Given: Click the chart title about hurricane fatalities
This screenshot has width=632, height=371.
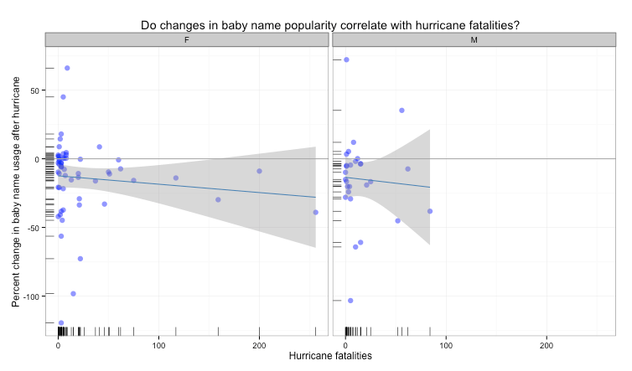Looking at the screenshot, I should (329, 25).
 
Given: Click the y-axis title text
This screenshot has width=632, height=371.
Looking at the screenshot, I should (16, 190).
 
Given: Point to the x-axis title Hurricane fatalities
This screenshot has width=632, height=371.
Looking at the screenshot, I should (329, 356).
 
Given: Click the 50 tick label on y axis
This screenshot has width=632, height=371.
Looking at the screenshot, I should (34, 90).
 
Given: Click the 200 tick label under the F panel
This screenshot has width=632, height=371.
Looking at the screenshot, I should (259, 344).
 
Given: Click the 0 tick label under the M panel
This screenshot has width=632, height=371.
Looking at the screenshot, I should (345, 344).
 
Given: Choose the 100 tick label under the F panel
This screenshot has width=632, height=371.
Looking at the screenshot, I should (158, 344).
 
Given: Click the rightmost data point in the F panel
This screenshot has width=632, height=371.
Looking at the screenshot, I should (316, 212).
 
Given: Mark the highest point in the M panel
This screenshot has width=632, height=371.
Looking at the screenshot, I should (346, 59).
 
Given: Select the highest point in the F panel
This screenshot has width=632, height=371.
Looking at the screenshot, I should (67, 68).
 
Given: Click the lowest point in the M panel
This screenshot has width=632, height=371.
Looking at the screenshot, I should (350, 301).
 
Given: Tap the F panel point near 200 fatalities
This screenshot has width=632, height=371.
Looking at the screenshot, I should (260, 171).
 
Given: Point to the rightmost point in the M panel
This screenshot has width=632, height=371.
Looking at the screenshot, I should (430, 211).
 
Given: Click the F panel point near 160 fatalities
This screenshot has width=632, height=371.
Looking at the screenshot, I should (218, 199).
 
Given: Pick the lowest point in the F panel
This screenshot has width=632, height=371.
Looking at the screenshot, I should (61, 322).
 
